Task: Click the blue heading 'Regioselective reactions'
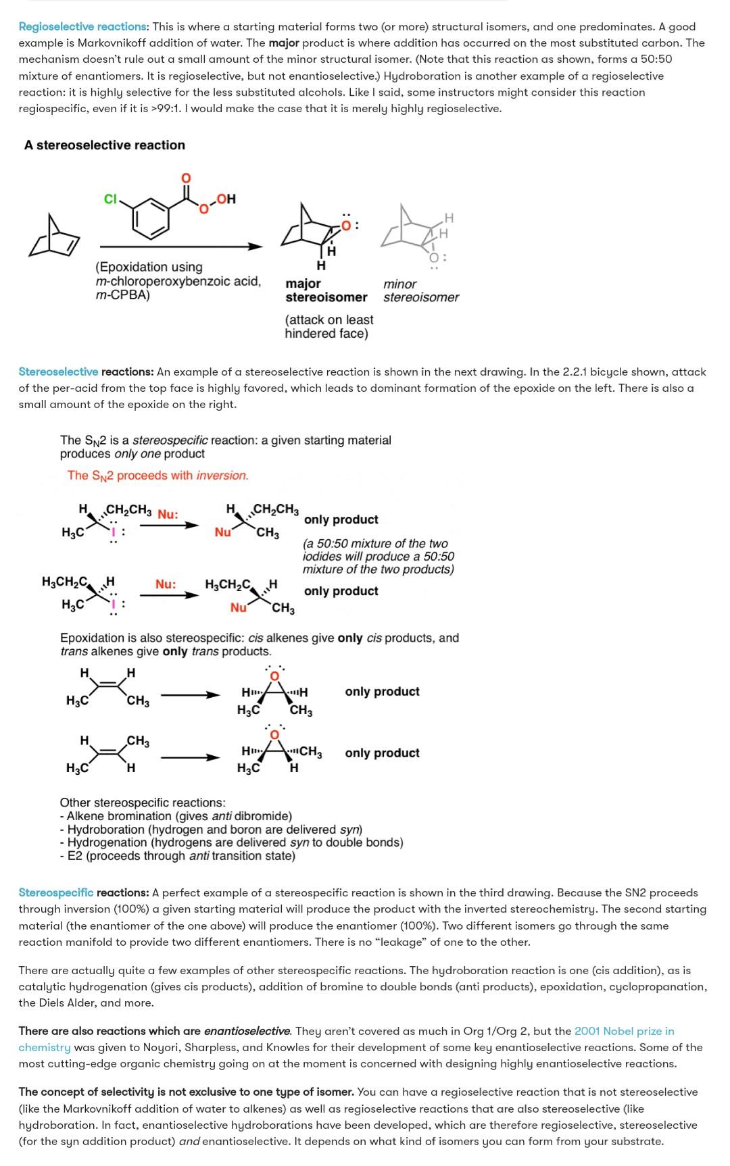[x=82, y=26]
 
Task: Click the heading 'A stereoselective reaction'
[x=105, y=145]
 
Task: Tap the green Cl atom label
[x=110, y=199]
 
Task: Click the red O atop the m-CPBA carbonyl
[x=186, y=178]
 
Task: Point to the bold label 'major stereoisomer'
[x=326, y=290]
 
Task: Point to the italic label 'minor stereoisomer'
[x=420, y=290]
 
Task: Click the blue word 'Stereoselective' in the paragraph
[x=58, y=372]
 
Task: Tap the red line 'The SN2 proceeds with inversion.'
[x=157, y=476]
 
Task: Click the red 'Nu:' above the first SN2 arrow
[x=168, y=515]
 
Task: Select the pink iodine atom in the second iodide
[x=114, y=603]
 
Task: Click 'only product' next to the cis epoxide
[x=382, y=692]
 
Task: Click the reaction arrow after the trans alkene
[x=190, y=757]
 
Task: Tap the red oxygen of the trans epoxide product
[x=274, y=734]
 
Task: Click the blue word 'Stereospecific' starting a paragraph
[x=56, y=892]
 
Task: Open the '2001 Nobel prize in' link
[x=624, y=1031]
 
